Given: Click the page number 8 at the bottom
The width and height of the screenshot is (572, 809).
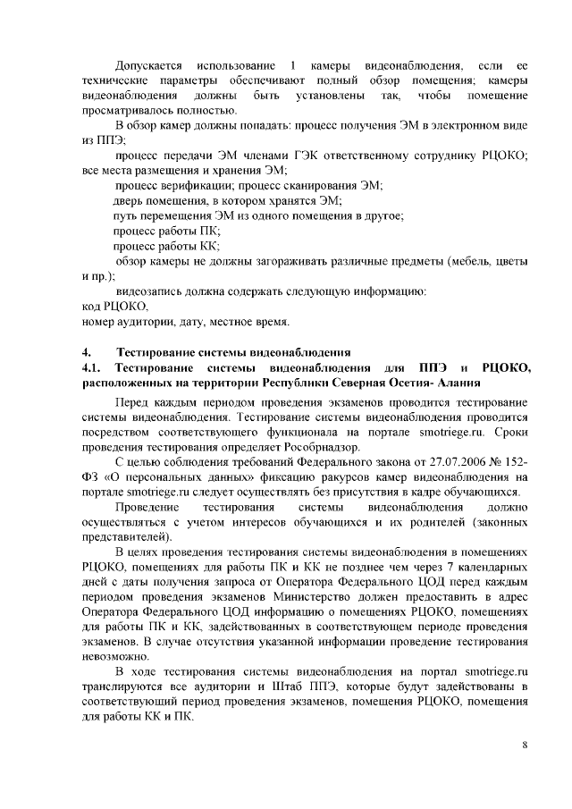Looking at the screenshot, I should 526,745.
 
